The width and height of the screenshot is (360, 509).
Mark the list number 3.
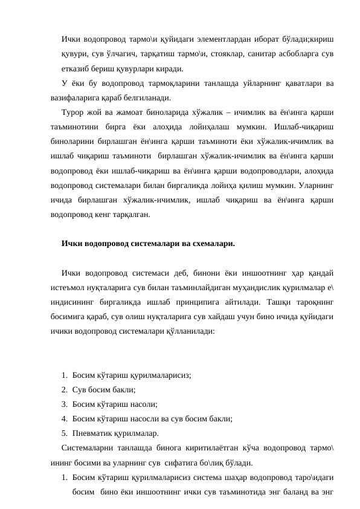tap(64, 404)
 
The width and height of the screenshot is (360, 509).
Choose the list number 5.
tap(64, 433)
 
